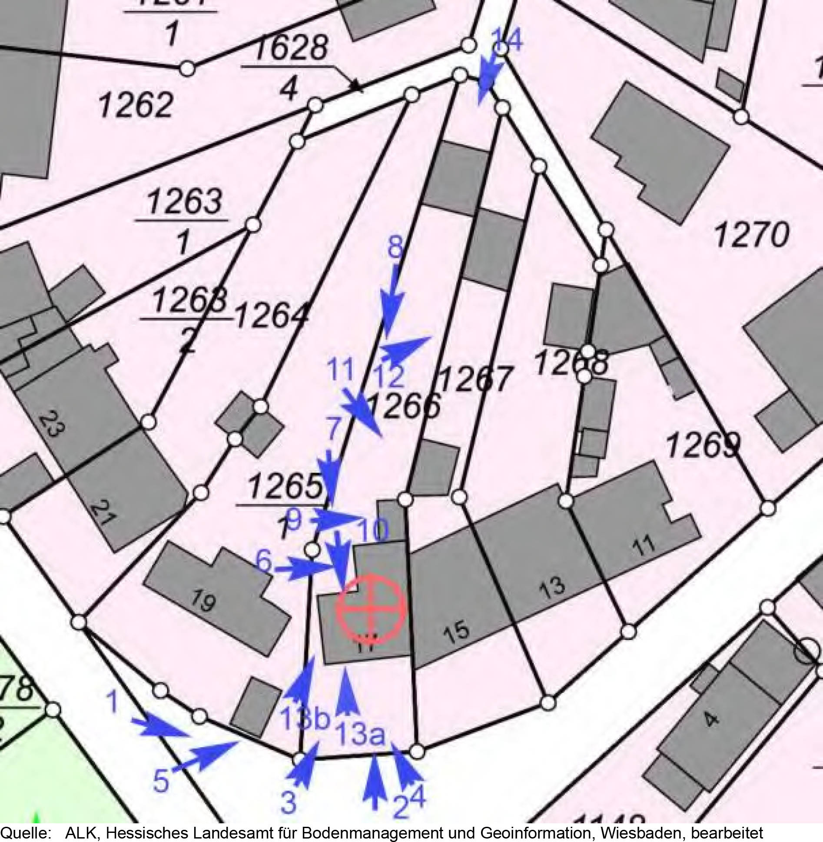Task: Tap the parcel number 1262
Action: point(136,106)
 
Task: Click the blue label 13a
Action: point(361,735)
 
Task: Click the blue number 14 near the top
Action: point(507,40)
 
